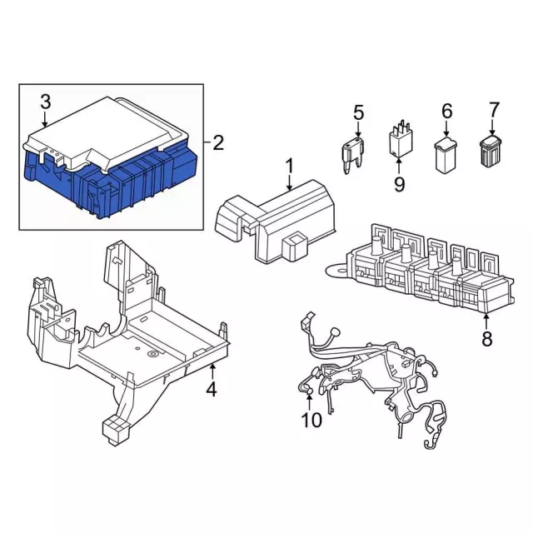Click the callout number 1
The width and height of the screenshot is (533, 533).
pos(289,167)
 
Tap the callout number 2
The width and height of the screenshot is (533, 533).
pos(218,143)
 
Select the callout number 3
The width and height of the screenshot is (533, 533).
pos(45,102)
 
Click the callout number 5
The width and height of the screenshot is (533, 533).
pos(359,112)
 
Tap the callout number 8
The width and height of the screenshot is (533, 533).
pos(486,338)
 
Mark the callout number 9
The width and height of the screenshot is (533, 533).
pos(399,182)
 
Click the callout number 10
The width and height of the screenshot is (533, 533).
pos(311,421)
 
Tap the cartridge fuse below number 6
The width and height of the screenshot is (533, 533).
pos(446,156)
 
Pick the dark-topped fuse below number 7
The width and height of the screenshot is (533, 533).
pos(491,152)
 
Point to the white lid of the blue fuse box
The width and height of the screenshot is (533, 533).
pos(108,129)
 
